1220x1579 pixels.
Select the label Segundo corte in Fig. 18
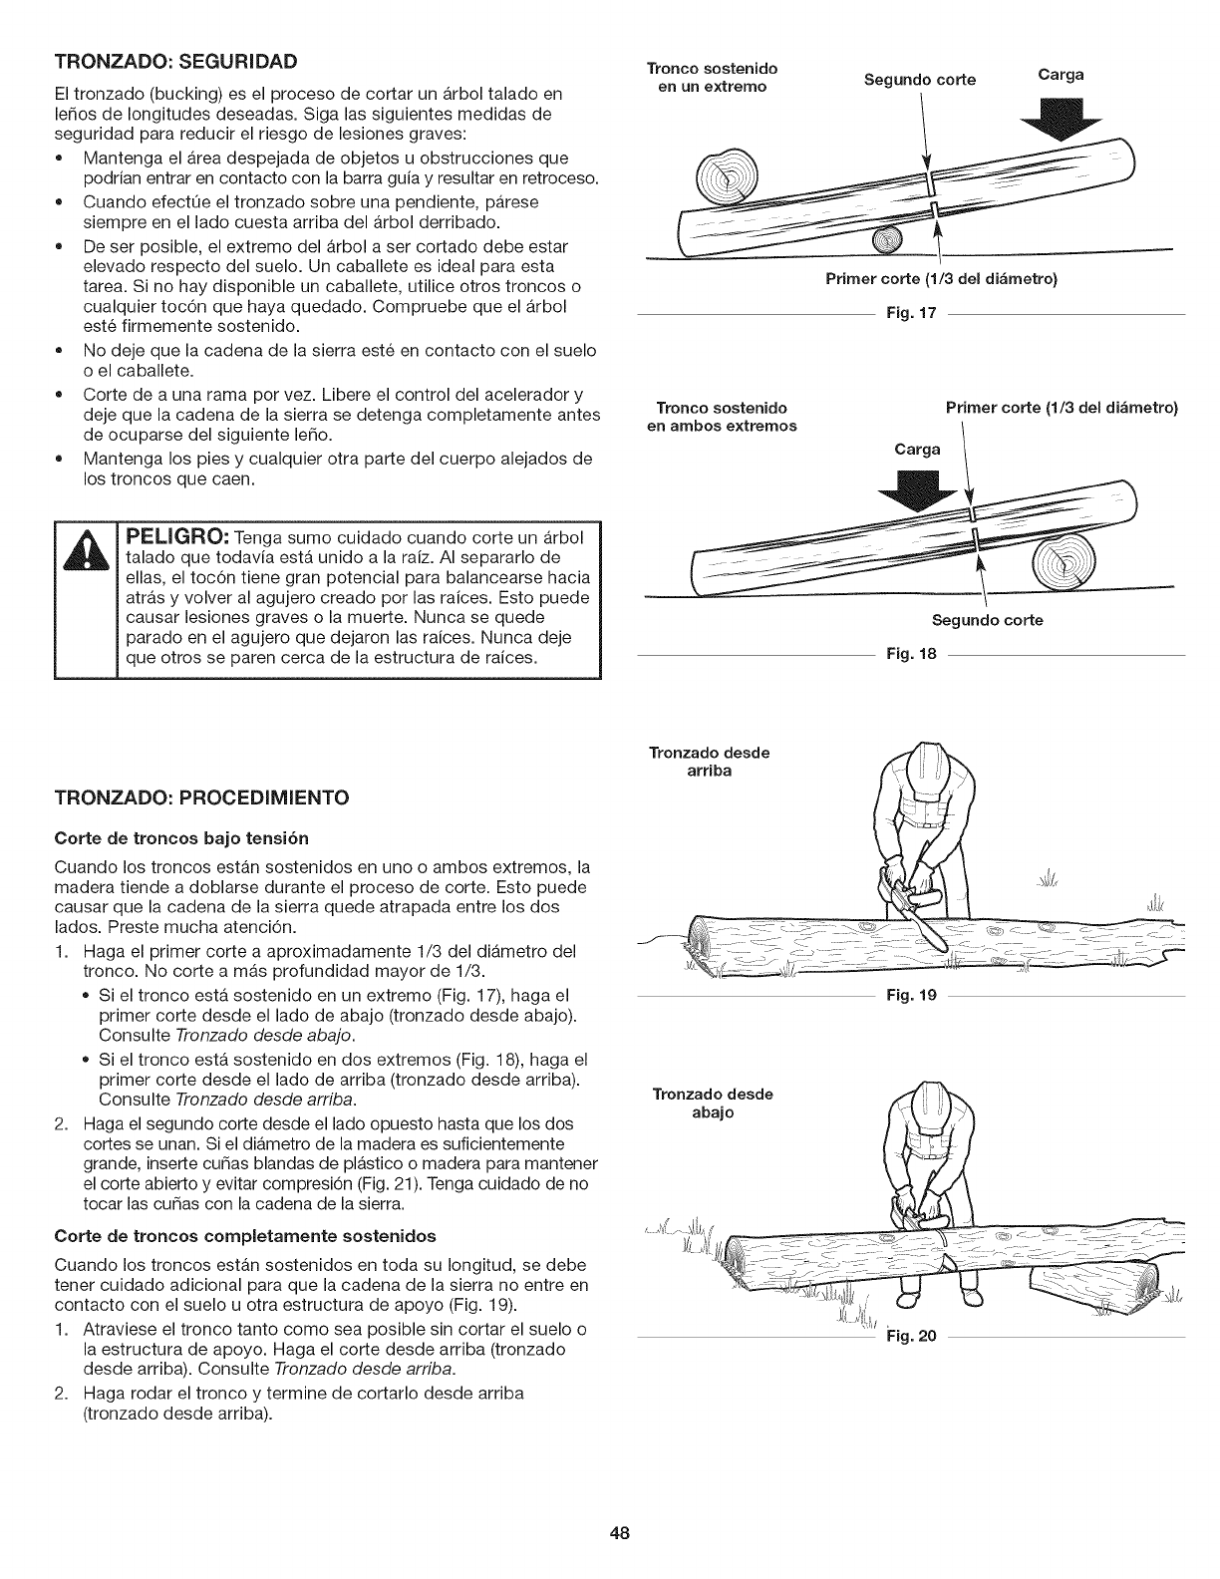987,620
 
